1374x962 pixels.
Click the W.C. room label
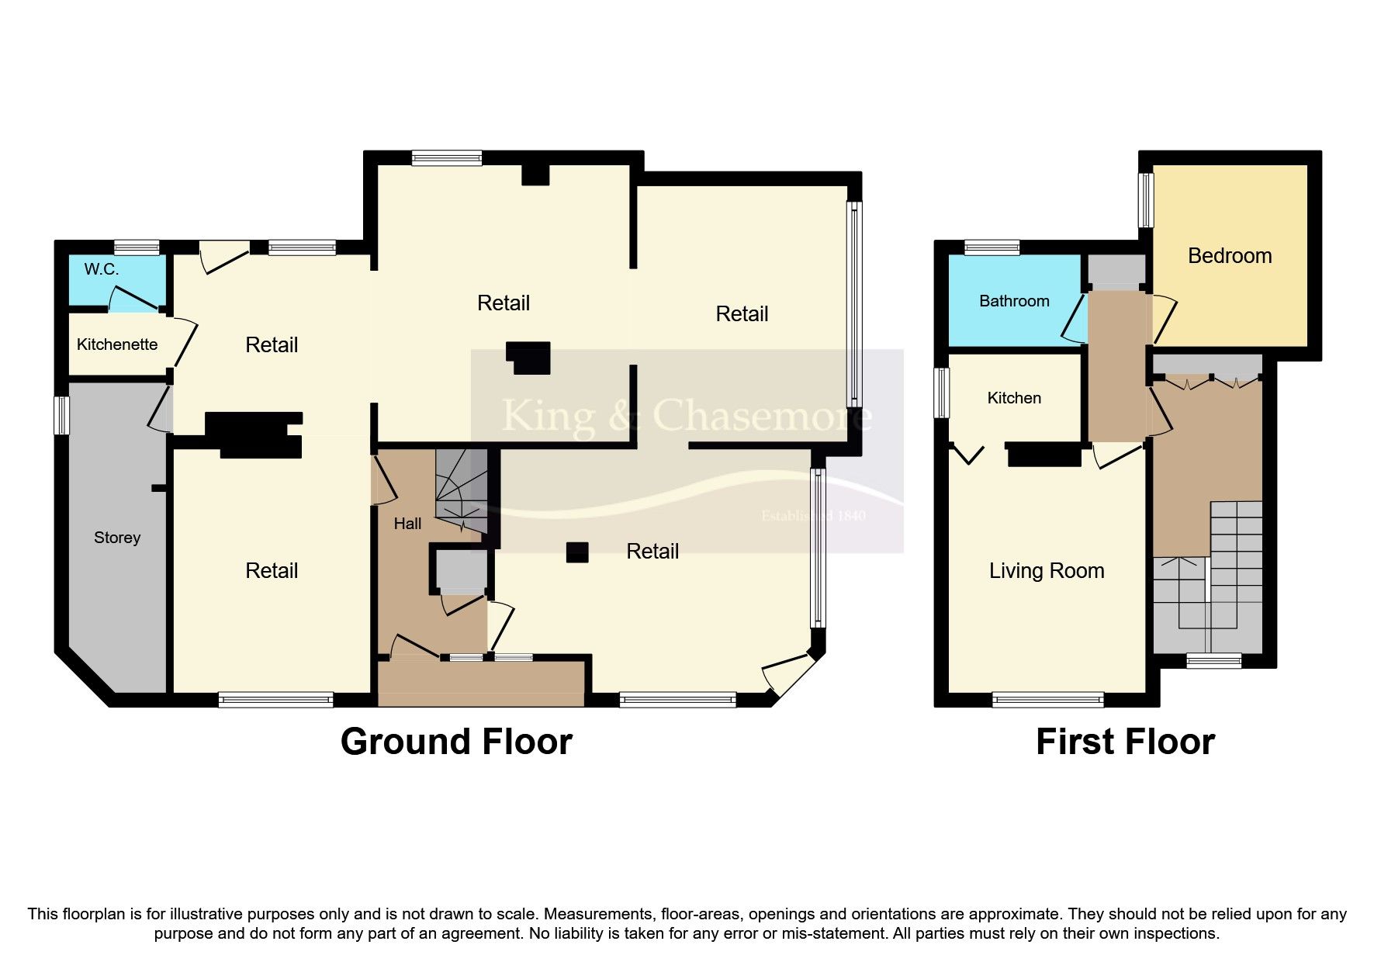pos(102,270)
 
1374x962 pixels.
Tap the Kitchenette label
pos(117,344)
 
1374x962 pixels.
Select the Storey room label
pos(117,538)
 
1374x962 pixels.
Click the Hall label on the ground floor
pos(407,524)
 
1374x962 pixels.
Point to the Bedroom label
pos(1230,256)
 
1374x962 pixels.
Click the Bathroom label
pos(1014,301)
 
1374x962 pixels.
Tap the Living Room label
pos(1047,571)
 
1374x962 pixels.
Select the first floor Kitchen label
pos(1014,398)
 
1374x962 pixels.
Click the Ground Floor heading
pos(456,742)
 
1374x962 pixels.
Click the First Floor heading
pos(1125,742)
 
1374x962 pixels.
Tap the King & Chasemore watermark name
pos(687,416)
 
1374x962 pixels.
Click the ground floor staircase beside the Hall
pos(462,493)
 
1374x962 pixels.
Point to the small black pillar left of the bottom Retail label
pos(577,552)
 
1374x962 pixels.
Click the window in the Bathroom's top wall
pos(992,247)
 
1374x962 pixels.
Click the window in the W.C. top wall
pos(137,247)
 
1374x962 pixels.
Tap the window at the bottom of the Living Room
pos(1048,700)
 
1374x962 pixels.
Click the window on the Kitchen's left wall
pos(941,393)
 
